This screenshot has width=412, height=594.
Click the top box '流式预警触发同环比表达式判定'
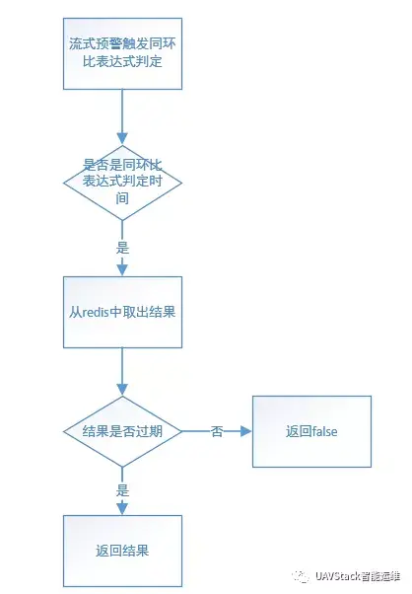coord(122,54)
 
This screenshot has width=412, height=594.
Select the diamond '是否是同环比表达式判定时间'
coord(122,183)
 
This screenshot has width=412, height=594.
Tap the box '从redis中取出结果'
coord(122,312)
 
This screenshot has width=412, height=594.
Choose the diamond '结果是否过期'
coord(122,431)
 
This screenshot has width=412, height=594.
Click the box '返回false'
coord(311,431)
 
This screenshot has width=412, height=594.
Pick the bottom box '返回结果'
coord(122,551)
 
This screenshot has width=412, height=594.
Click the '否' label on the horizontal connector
coord(217,431)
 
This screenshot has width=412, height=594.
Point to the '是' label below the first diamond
coord(122,248)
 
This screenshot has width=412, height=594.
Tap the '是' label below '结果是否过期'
coord(122,490)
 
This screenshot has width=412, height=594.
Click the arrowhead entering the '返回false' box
coord(246,431)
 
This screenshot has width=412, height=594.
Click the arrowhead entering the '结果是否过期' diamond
coord(122,390)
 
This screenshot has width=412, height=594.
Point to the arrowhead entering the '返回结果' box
coord(122,508)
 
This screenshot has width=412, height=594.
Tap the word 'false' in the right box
coord(324,431)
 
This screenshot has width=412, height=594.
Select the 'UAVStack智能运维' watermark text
coord(358,576)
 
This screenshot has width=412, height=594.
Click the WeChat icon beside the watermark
coord(301,576)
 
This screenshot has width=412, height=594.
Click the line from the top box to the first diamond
coord(122,111)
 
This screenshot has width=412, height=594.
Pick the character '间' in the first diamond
coord(122,198)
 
